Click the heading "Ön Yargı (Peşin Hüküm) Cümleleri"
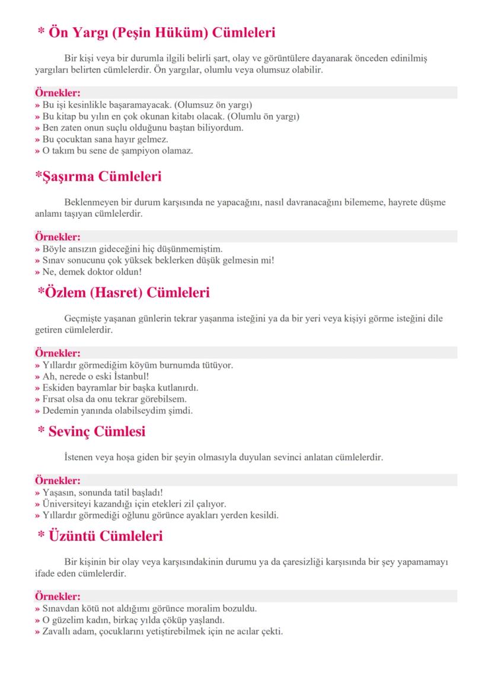[x=157, y=33]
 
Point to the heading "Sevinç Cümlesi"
[x=91, y=431]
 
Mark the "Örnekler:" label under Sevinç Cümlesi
[x=58, y=480]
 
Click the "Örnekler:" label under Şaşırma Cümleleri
[x=58, y=237]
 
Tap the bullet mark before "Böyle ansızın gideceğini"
[x=37, y=249]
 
